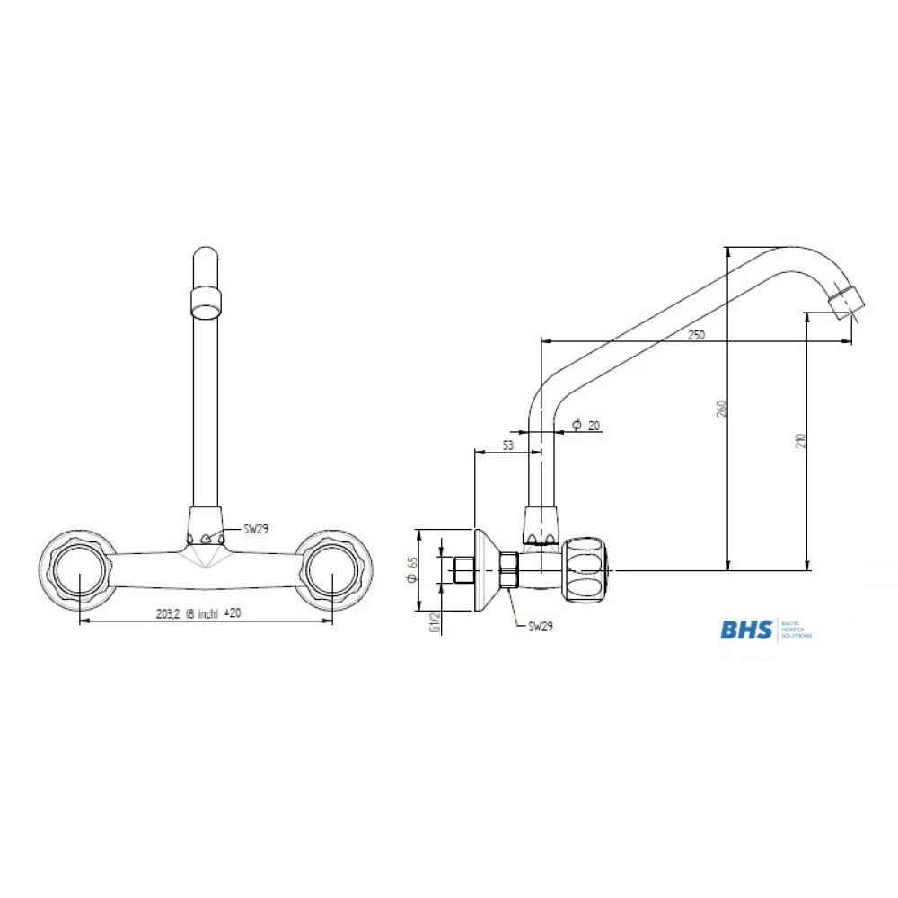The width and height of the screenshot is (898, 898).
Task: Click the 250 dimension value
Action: (x=696, y=334)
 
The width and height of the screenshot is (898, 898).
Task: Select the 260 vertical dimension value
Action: (x=721, y=409)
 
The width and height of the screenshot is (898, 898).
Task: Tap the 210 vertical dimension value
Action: (x=801, y=440)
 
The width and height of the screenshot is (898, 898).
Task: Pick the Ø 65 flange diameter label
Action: (x=412, y=570)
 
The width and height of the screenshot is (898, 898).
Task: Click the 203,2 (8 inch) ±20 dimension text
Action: (x=198, y=613)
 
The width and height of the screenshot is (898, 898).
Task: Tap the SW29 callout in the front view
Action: (x=256, y=530)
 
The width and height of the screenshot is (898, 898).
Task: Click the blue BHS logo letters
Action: (x=745, y=629)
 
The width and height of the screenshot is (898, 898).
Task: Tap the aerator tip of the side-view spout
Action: (x=846, y=302)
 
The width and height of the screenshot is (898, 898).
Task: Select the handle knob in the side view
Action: (x=586, y=569)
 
